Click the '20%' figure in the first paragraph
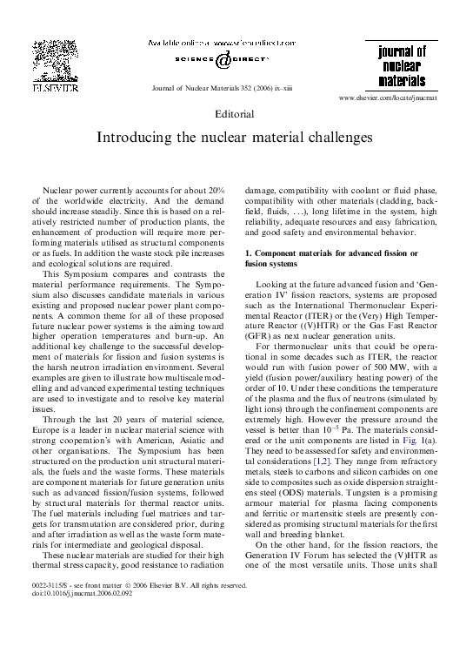217,189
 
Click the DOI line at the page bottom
67,618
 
